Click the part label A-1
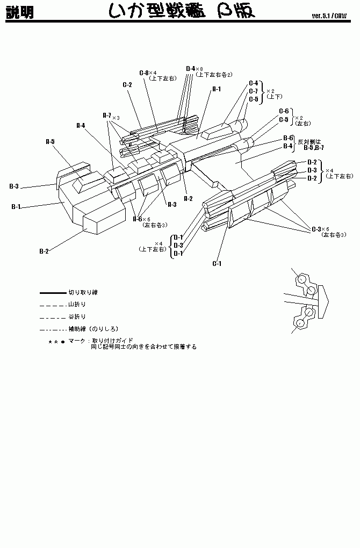point(217,89)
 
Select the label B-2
point(44,251)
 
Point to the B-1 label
point(16,206)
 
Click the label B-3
point(14,186)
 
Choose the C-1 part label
point(217,263)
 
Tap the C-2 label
point(127,84)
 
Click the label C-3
point(316,229)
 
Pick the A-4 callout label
point(81,125)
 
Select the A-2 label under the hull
point(188,198)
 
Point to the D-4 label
point(190,68)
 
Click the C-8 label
point(143,73)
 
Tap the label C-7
point(253,91)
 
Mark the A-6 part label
point(137,219)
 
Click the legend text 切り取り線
point(83,293)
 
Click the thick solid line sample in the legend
point(52,293)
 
